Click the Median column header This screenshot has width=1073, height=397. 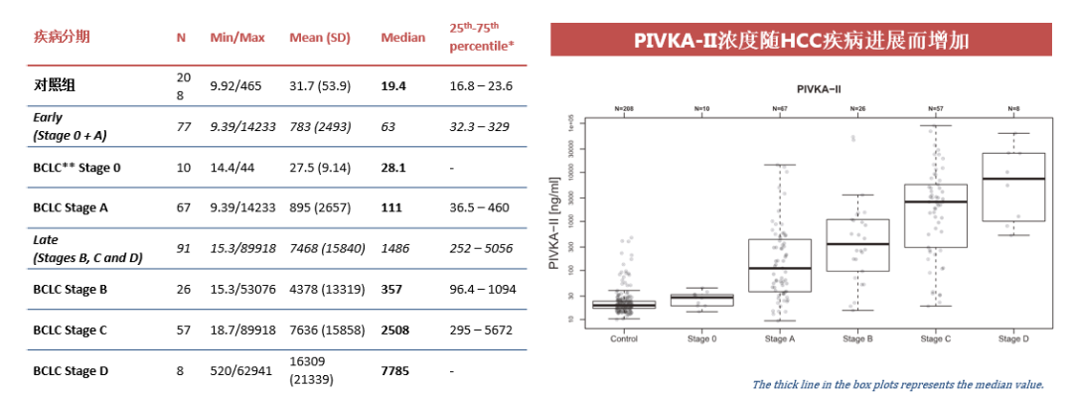click(402, 38)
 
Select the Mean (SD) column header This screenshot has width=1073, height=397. click(320, 38)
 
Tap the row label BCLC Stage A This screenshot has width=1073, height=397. click(77, 207)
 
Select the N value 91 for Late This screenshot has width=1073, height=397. click(182, 248)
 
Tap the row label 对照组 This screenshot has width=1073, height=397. click(56, 86)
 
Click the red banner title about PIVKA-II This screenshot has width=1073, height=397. click(802, 42)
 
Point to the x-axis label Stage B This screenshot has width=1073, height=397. click(857, 339)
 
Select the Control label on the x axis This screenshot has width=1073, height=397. click(624, 339)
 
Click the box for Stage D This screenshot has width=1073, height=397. click(1012, 187)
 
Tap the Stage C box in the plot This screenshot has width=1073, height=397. click(935, 215)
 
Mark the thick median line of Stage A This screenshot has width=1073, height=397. click(780, 268)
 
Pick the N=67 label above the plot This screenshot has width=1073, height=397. click(780, 107)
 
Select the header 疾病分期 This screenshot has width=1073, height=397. click(62, 38)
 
